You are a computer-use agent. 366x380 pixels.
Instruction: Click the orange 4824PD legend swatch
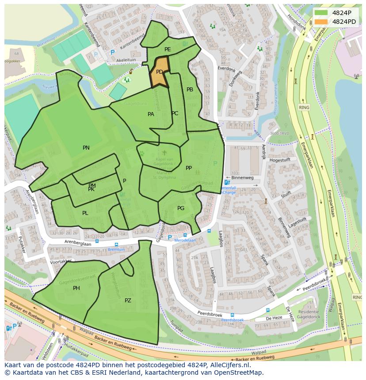coord(321,22)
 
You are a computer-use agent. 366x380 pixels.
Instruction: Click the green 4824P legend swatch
coord(321,13)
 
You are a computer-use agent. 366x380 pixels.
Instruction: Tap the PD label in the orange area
coord(160,72)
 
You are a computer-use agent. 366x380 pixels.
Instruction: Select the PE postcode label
coord(168,49)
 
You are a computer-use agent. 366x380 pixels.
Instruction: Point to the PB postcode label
coord(190,90)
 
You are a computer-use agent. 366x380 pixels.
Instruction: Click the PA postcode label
coord(151,114)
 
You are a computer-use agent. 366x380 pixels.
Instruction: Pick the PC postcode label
coord(175,113)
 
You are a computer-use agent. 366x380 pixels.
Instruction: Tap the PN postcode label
coord(86,148)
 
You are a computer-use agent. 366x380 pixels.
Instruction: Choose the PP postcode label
coord(189,168)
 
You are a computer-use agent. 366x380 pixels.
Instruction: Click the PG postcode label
coord(181,208)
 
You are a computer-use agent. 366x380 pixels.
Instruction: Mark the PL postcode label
coord(85,213)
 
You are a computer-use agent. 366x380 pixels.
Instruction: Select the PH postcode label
coord(76,288)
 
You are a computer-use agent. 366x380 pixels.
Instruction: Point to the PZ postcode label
coord(128,301)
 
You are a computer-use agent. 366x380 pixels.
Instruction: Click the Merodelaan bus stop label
coord(184,241)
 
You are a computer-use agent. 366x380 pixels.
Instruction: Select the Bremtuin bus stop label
coord(116,249)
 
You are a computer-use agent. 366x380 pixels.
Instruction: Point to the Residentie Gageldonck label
coord(308,314)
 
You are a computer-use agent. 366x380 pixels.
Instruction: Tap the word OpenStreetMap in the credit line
coord(239,372)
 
